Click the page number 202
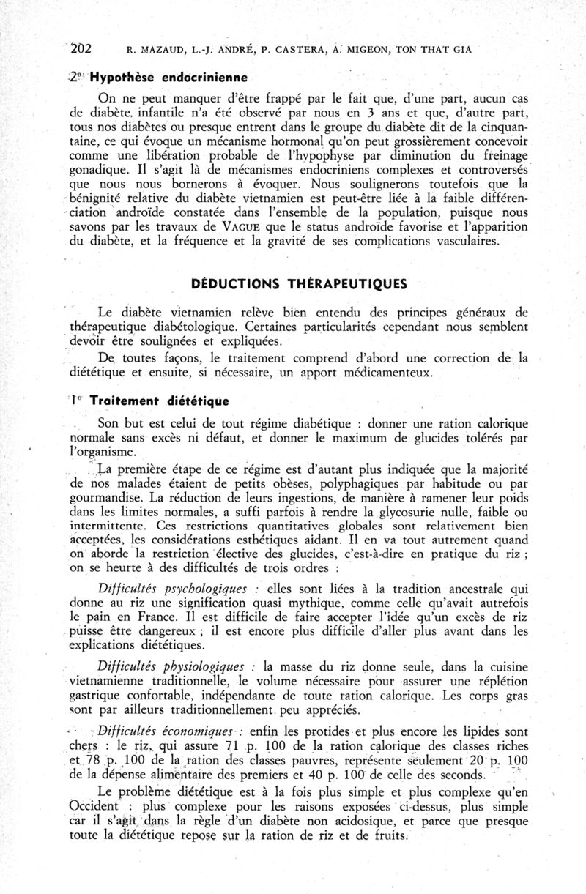pos(78,49)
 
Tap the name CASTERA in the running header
pos(296,50)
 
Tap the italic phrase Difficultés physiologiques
pos(176,666)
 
